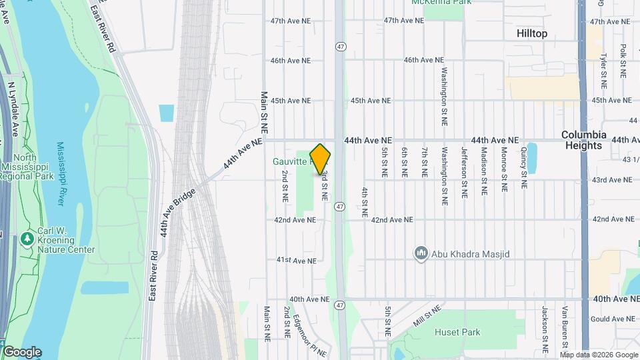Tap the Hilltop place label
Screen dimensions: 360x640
(531, 33)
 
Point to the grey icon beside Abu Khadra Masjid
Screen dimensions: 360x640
(421, 254)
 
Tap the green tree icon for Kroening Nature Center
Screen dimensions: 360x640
(27, 238)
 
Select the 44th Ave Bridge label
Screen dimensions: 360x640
(177, 213)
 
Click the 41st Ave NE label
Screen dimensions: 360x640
(295, 259)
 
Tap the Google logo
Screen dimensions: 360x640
(22, 352)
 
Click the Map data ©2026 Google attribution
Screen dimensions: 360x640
(598, 355)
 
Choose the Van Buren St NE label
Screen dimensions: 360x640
(564, 329)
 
